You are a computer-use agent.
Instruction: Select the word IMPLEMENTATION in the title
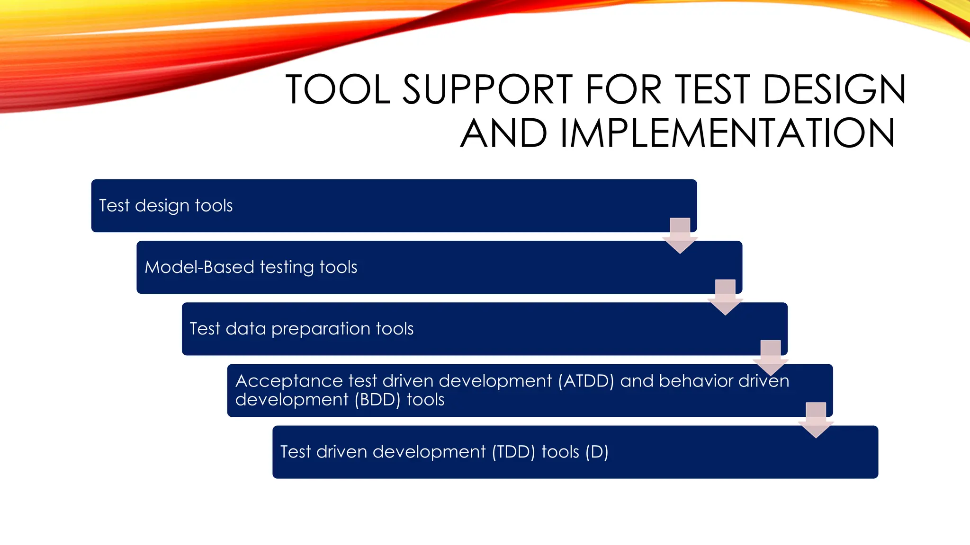click(x=727, y=133)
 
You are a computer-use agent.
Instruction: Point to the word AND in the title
click(x=503, y=133)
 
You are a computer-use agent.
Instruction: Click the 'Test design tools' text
click(x=166, y=206)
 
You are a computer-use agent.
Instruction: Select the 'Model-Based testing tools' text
click(x=251, y=267)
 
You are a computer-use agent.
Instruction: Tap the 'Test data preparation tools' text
click(x=301, y=329)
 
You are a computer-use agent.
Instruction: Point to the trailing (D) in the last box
click(x=597, y=452)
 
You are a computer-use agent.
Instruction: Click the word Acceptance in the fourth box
click(x=289, y=381)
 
